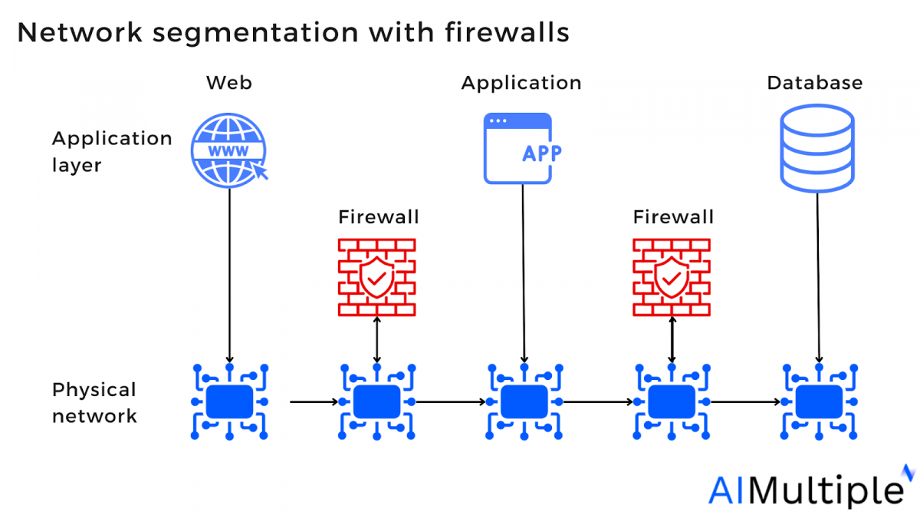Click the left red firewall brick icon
(376, 277)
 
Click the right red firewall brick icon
(672, 277)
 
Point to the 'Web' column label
(228, 83)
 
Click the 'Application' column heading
(521, 83)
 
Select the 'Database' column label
(815, 83)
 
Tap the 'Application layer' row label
(111, 151)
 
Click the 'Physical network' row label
(94, 403)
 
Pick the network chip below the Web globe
(230, 401)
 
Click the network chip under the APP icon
(524, 401)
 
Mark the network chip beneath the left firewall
(376, 401)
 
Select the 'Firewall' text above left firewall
(379, 217)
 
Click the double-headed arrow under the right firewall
(672, 341)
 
